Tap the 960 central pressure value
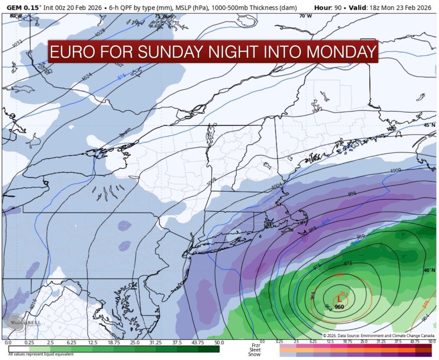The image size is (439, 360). point(339,307)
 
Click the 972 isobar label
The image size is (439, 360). point(348,263)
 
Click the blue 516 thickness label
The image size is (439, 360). point(122,77)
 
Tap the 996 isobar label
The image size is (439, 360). point(352,194)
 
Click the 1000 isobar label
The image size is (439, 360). point(395,171)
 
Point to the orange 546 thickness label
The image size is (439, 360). point(425,304)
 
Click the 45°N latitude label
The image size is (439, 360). point(429,125)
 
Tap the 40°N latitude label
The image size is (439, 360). point(429,270)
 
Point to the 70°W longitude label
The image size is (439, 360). point(305,16)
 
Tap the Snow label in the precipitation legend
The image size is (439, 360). point(254,354)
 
